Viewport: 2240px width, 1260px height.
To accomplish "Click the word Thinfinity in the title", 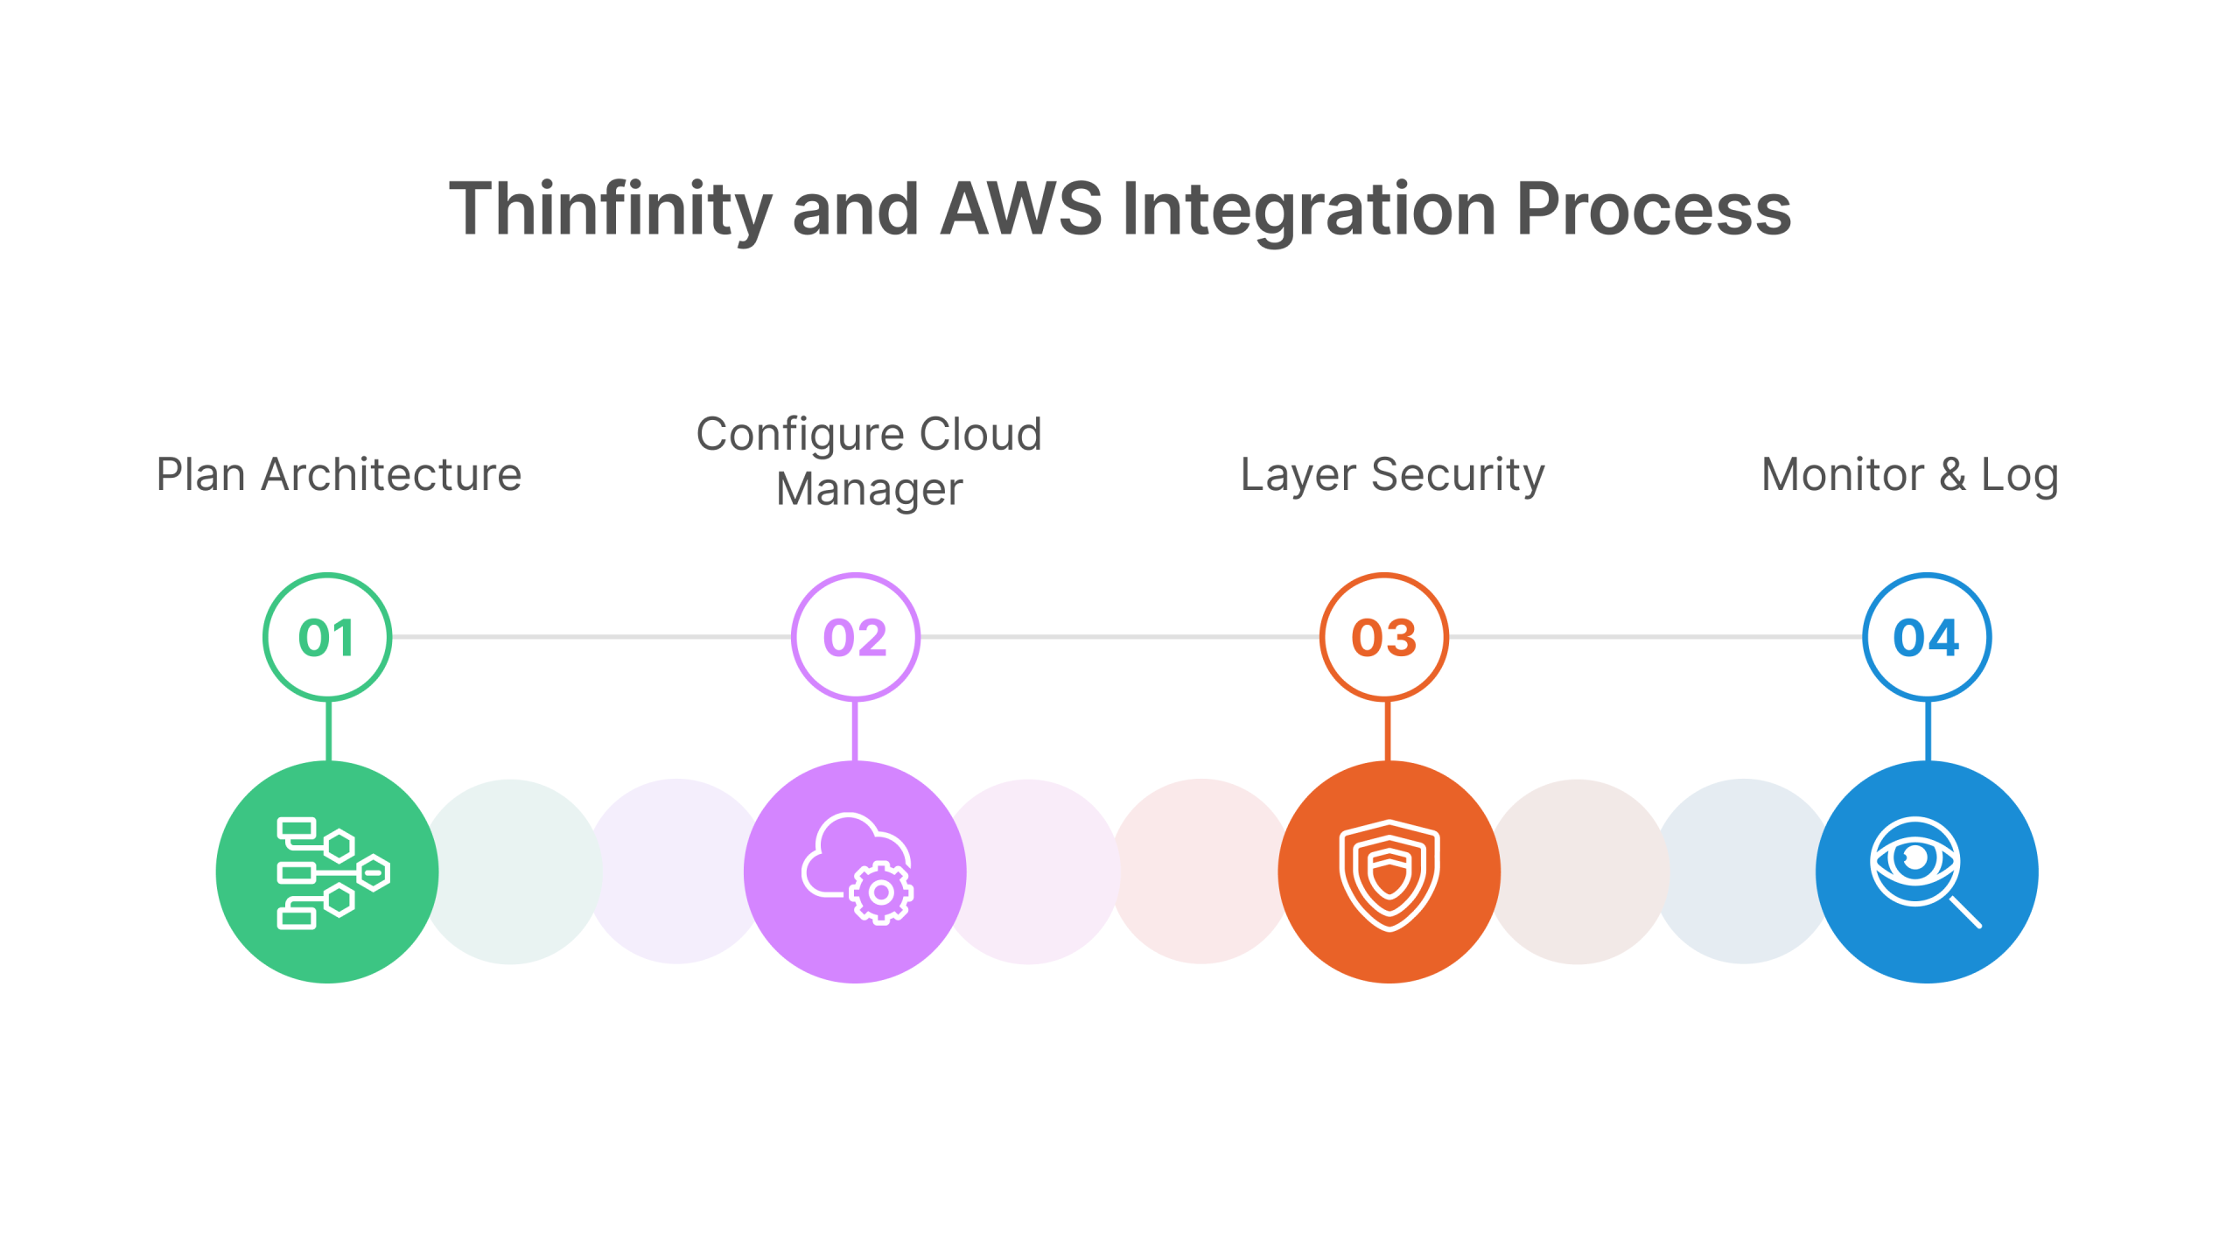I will click(610, 210).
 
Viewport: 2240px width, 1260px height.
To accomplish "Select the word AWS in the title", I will click(1021, 210).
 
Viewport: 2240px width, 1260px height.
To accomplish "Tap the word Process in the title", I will click(1654, 210).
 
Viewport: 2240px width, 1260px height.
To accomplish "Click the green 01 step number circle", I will click(327, 637).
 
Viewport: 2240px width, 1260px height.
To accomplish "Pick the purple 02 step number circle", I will click(856, 637).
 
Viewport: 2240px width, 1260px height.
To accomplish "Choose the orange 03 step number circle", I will click(1384, 637).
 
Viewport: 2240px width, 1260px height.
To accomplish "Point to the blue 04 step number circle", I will click(1927, 637).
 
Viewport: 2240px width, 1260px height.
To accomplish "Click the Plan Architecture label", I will click(339, 475).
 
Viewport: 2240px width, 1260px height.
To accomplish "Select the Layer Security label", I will click(1392, 475).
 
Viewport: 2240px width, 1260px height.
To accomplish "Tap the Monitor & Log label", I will click(1909, 475).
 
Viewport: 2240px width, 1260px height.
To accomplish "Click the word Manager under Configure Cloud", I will click(869, 489).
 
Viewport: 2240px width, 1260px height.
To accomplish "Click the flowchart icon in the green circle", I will click(332, 872).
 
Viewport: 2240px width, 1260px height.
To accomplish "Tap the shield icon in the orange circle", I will click(1389, 874).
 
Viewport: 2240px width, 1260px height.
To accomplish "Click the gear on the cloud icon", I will click(881, 892).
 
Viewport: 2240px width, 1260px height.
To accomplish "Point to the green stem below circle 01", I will click(328, 731).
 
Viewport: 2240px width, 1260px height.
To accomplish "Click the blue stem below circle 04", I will click(1928, 731).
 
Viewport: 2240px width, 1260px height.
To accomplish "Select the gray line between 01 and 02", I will click(591, 637).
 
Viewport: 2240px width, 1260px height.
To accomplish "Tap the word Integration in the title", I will click(1309, 210).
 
